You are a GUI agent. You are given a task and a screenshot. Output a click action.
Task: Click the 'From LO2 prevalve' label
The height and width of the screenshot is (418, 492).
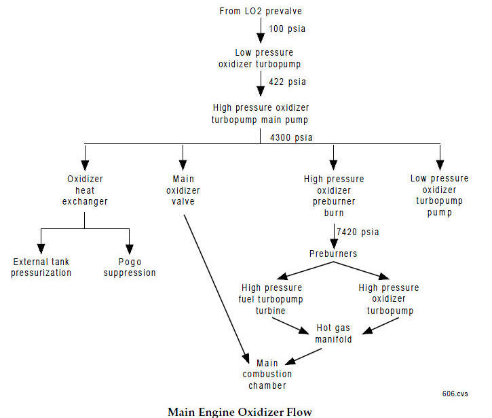pos(261,11)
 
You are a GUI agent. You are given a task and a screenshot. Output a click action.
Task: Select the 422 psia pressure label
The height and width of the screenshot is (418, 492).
pos(288,82)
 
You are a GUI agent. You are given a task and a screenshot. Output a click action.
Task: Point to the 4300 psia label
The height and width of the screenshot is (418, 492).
pos(292,137)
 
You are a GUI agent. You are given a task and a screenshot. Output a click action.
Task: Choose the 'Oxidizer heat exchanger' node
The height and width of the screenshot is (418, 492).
pos(85,190)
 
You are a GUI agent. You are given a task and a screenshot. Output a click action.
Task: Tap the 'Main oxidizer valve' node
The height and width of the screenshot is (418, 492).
pos(183,190)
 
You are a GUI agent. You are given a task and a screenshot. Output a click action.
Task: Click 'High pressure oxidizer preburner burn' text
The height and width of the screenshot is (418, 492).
pos(334,196)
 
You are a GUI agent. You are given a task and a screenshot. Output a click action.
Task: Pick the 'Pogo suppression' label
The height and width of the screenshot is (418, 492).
pos(129,267)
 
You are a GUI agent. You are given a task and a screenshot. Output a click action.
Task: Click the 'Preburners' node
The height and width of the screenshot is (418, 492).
pos(334,254)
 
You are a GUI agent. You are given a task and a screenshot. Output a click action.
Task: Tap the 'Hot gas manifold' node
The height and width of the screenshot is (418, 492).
pos(334,334)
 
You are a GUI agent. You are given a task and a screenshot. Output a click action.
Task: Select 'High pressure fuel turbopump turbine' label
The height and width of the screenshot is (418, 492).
pos(271,299)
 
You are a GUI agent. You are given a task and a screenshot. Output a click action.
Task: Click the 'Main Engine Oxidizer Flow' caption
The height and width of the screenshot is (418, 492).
pos(240,411)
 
